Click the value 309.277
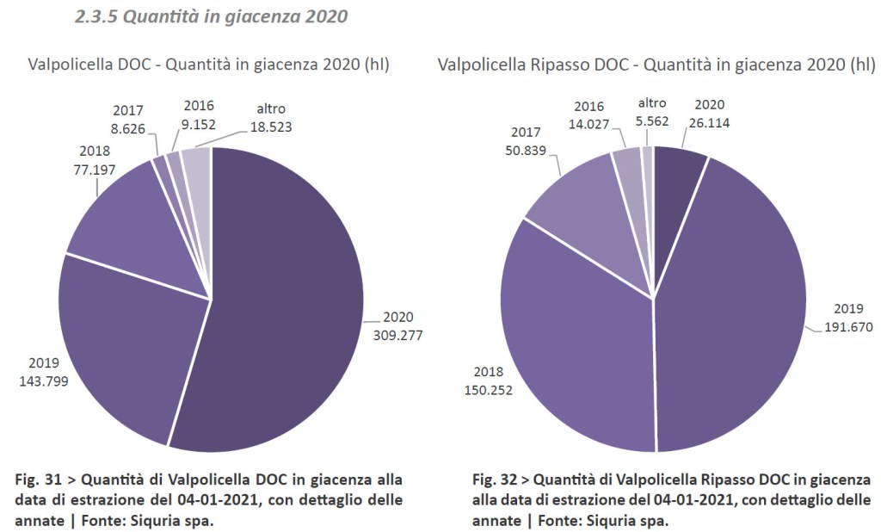coord(397,334)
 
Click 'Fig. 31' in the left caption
coord(34,479)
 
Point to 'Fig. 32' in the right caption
coord(492,479)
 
